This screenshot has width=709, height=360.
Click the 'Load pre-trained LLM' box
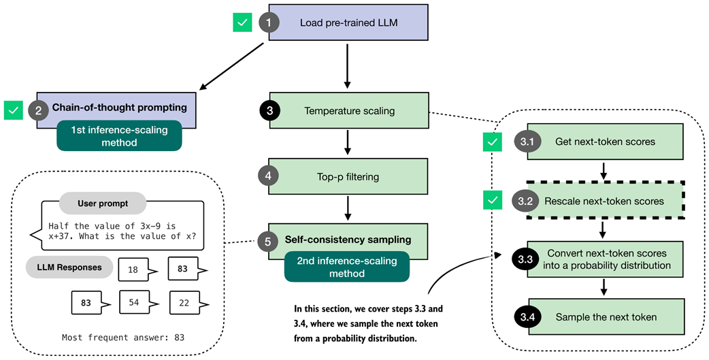tap(348, 23)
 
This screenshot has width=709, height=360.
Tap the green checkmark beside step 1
tap(242, 22)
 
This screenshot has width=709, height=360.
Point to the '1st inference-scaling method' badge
tap(119, 136)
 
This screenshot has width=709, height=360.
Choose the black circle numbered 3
tap(269, 110)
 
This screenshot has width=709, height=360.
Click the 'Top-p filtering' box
tap(348, 176)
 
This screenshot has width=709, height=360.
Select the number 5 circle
tap(269, 240)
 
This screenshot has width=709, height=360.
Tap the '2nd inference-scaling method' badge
tap(346, 267)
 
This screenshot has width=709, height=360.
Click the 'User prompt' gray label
tap(103, 203)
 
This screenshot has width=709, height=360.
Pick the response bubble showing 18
tap(133, 269)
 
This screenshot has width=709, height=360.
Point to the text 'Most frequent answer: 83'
tap(122, 337)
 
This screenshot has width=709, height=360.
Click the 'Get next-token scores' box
tap(605, 142)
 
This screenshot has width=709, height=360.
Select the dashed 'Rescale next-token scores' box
tap(605, 201)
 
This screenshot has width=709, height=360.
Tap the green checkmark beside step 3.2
tap(493, 201)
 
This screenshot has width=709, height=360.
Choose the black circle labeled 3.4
tap(527, 316)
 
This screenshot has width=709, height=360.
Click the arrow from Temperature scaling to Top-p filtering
tap(348, 142)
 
